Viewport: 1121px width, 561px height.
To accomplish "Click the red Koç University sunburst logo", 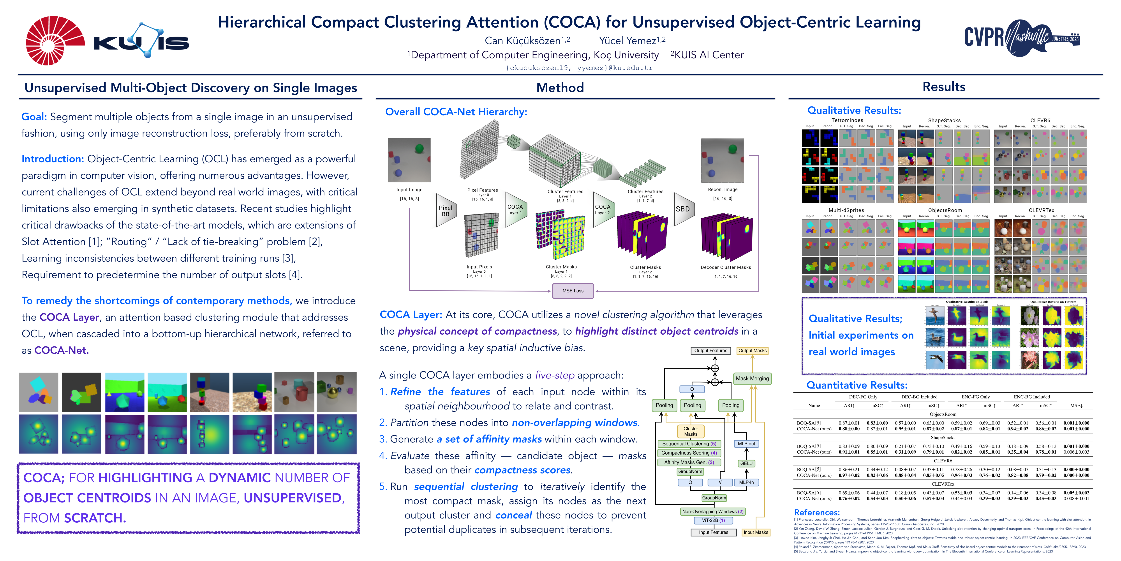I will tap(54, 41).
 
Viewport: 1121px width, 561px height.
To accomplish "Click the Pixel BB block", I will tap(445, 211).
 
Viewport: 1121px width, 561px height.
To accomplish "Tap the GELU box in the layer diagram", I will tap(746, 463).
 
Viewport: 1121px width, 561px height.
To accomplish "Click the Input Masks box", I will tap(756, 532).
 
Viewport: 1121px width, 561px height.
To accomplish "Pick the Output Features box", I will tap(711, 351).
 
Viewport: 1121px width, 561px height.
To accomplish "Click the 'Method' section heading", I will tap(560, 88).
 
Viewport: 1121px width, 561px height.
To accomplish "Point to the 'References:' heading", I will tap(817, 512).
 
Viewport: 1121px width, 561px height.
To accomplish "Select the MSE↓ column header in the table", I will tap(1076, 405).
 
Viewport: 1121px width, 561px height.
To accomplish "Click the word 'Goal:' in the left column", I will tap(34, 117).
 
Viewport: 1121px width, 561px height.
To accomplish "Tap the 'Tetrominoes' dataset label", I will tap(847, 120).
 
